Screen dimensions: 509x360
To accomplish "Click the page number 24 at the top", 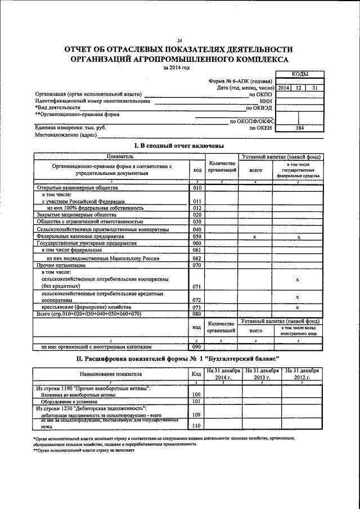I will (x=179, y=40).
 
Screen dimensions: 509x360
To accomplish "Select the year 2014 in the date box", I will (x=283, y=88).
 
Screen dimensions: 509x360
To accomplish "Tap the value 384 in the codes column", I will (x=300, y=128).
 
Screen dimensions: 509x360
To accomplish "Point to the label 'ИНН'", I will (x=267, y=101).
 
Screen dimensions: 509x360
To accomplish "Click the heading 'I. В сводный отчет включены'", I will (x=179, y=146).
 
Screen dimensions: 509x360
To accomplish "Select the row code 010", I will (x=197, y=188).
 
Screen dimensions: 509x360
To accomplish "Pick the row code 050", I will (x=197, y=237).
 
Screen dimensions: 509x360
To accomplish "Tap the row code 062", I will (x=197, y=258).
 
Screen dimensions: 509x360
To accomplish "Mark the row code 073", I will (x=197, y=308).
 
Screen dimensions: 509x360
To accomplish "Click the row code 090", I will (x=197, y=347).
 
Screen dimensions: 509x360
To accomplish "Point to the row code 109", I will (x=196, y=414).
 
